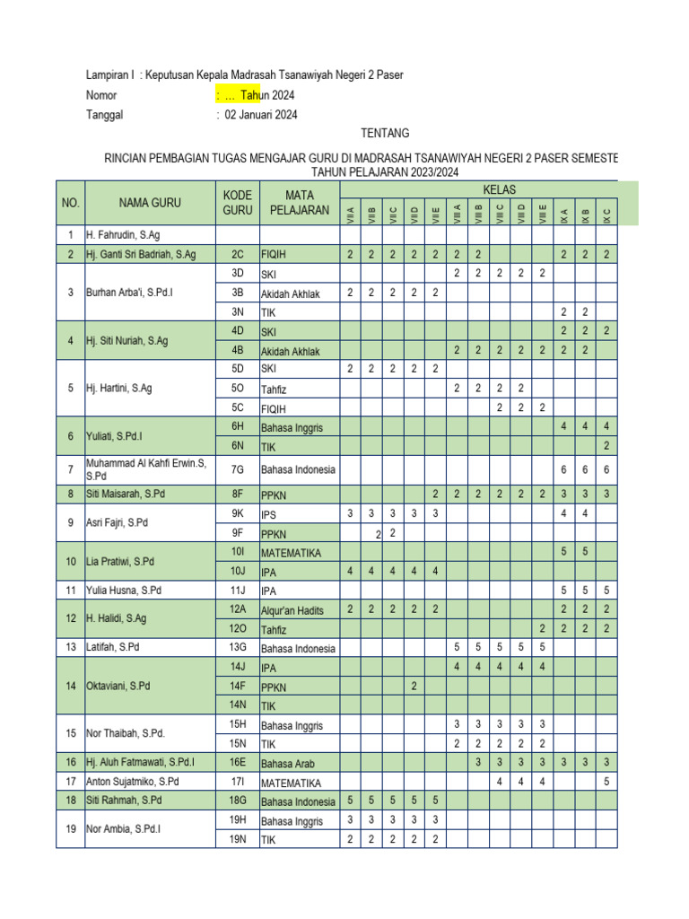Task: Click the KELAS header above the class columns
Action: pyautogui.click(x=499, y=189)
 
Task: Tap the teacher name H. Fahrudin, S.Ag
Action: pyautogui.click(x=123, y=235)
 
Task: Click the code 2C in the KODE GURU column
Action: pyautogui.click(x=237, y=255)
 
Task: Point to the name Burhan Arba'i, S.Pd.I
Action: pyautogui.click(x=129, y=293)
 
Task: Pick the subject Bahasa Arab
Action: pyautogui.click(x=290, y=763)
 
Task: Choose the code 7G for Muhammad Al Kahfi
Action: pyautogui.click(x=237, y=468)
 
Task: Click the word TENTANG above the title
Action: pyautogui.click(x=385, y=133)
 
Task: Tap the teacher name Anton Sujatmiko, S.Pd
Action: pyautogui.click(x=133, y=782)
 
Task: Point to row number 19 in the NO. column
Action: pyautogui.click(x=70, y=829)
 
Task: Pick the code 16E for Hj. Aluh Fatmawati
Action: pyautogui.click(x=237, y=762)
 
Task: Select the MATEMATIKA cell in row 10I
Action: pyautogui.click(x=291, y=553)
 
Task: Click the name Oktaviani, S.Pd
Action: pyautogui.click(x=118, y=687)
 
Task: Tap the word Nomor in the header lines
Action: pyautogui.click(x=101, y=95)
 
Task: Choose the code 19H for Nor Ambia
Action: pyautogui.click(x=237, y=820)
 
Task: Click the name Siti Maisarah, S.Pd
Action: pyautogui.click(x=125, y=494)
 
